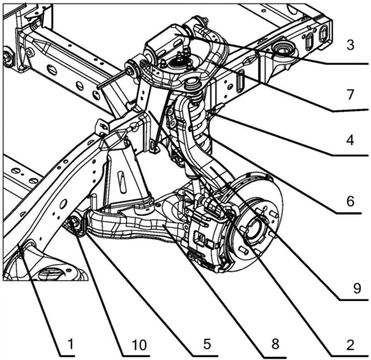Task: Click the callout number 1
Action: pyautogui.click(x=70, y=344)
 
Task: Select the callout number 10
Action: pyautogui.click(x=139, y=345)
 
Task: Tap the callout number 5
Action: pyautogui.click(x=207, y=343)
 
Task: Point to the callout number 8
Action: pyautogui.click(x=275, y=343)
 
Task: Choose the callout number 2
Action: pyautogui.click(x=350, y=345)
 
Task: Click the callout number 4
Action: pyautogui.click(x=350, y=140)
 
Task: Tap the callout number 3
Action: pyautogui.click(x=350, y=45)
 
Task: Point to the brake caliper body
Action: pyautogui.click(x=207, y=236)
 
